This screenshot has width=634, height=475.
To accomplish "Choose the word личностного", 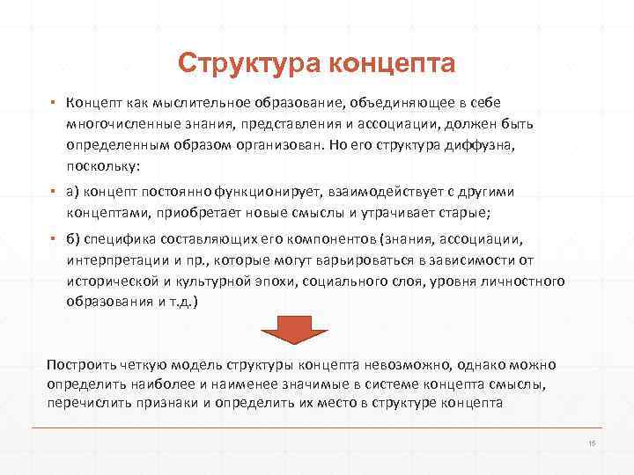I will pyautogui.click(x=521, y=282).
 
